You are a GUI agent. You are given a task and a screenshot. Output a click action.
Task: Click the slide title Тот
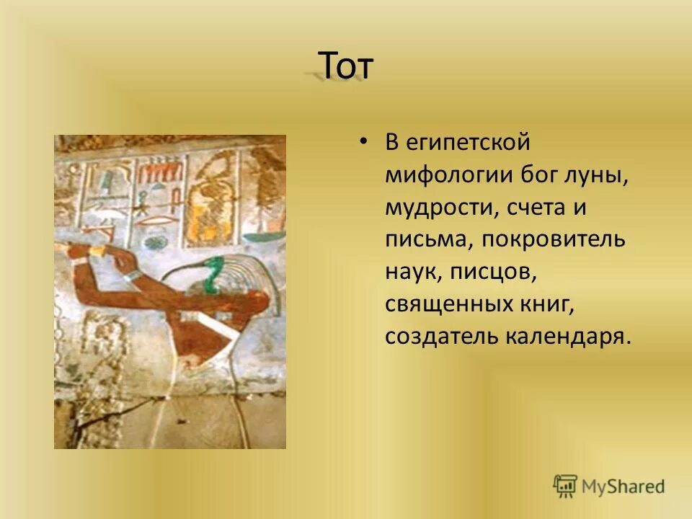(x=345, y=67)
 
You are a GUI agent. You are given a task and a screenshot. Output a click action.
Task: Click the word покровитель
(x=551, y=239)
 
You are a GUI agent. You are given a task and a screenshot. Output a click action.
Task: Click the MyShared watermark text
(x=624, y=487)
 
